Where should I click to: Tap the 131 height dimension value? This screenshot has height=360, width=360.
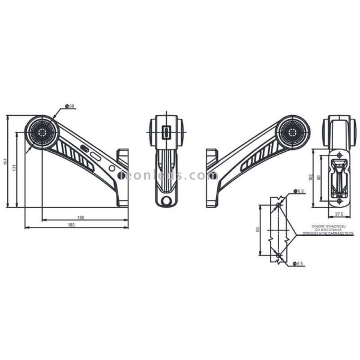14,169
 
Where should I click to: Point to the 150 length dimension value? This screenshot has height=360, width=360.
80,217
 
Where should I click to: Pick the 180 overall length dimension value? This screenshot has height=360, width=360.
71,225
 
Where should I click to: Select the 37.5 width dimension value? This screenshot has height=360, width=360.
339,214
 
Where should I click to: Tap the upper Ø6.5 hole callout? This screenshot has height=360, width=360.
300,191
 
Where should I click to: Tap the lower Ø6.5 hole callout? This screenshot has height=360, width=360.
300,263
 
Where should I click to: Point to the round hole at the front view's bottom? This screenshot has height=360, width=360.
167,197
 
